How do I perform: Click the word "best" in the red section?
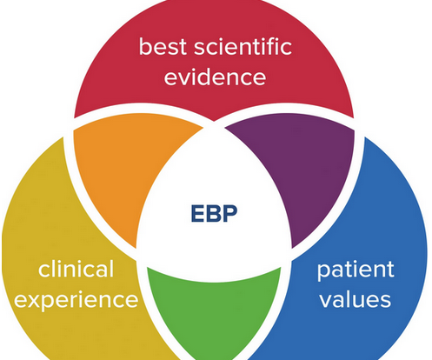pyautogui.click(x=163, y=46)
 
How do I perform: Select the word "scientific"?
pyautogui.click(x=243, y=46)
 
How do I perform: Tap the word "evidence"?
pyautogui.click(x=215, y=77)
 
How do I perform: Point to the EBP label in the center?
pyautogui.click(x=214, y=214)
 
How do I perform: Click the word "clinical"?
pyautogui.click(x=76, y=269)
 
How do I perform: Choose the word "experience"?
pyautogui.click(x=76, y=300)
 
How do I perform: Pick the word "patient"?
pyautogui.click(x=356, y=270)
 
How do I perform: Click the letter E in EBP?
pyautogui.click(x=198, y=214)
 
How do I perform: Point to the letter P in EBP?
pyautogui.click(x=230, y=214)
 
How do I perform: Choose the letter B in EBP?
pyautogui.click(x=214, y=214)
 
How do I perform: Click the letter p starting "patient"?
pyautogui.click(x=324, y=272)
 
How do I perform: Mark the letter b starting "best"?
pyautogui.click(x=146, y=46)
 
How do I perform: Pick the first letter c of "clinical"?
pyautogui.click(x=44, y=271)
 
